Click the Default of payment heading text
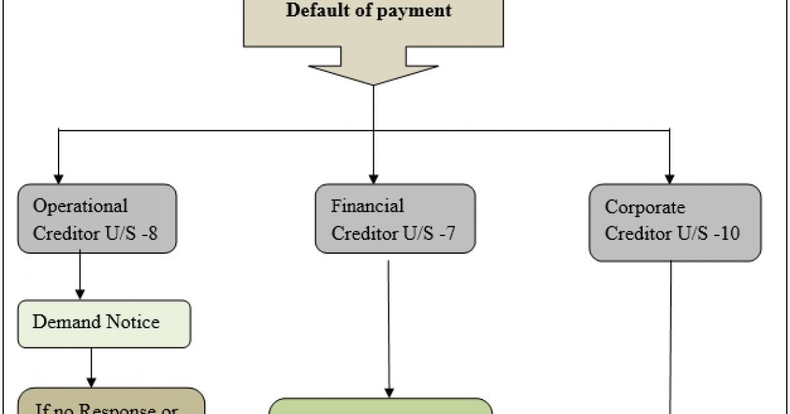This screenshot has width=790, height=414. [x=369, y=11]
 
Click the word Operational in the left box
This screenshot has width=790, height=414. [x=80, y=206]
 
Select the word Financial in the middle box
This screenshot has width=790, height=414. [x=367, y=206]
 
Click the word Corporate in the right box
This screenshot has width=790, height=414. [x=645, y=208]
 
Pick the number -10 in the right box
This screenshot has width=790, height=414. [x=729, y=233]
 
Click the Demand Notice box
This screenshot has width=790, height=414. [x=103, y=324]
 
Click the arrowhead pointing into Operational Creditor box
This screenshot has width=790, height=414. [x=59, y=179]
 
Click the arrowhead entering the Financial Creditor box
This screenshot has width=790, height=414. [x=373, y=179]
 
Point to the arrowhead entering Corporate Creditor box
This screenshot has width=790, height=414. [x=670, y=179]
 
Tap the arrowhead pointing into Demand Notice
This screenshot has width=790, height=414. [x=80, y=295]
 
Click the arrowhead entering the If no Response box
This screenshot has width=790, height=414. [x=92, y=382]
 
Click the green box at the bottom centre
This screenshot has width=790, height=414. [x=381, y=406]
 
